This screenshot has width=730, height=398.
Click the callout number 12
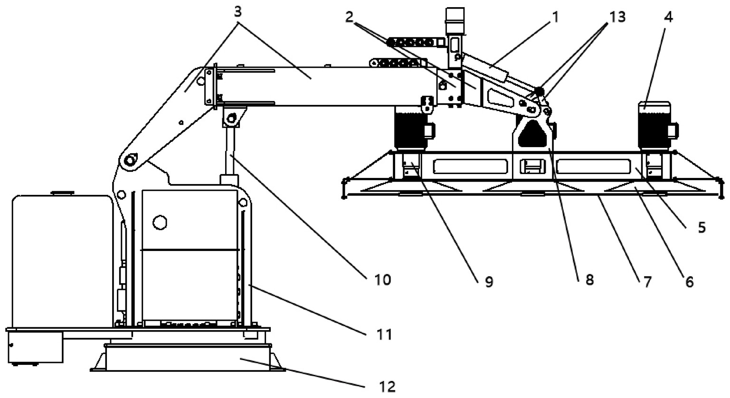tap(387, 387)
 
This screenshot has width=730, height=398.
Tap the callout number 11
tap(384, 334)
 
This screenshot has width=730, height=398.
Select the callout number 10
tap(382, 279)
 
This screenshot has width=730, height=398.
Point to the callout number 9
tap(489, 282)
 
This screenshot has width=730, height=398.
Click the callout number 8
tap(589, 279)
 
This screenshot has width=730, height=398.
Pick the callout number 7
tap(646, 282)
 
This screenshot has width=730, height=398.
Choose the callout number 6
tap(689, 282)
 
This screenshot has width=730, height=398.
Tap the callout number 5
tap(702, 228)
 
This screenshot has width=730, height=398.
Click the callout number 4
tap(668, 17)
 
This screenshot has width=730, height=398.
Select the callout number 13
tap(617, 17)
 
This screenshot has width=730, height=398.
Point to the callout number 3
tap(238, 12)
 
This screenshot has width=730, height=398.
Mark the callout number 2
tap(349, 17)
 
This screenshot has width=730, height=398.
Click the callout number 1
tap(555, 17)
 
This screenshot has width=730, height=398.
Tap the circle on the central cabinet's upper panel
tap(160, 223)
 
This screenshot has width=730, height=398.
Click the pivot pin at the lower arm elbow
tap(129, 160)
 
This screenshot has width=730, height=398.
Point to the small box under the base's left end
tap(35, 347)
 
